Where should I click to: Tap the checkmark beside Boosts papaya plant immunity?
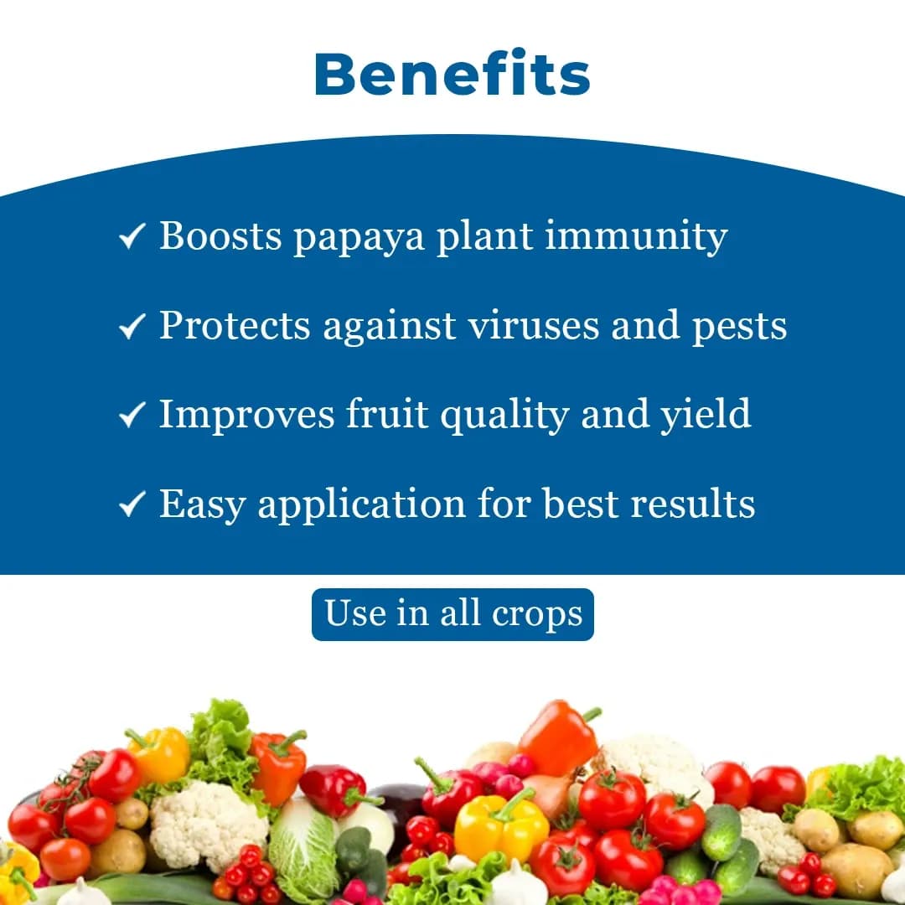(132, 237)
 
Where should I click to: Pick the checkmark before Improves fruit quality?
(132, 415)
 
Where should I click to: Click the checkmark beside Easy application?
(132, 504)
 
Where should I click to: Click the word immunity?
(636, 237)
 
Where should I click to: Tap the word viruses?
(533, 325)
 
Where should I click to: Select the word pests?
(739, 327)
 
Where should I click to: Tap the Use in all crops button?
(452, 614)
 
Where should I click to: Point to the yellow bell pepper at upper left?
(159, 754)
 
